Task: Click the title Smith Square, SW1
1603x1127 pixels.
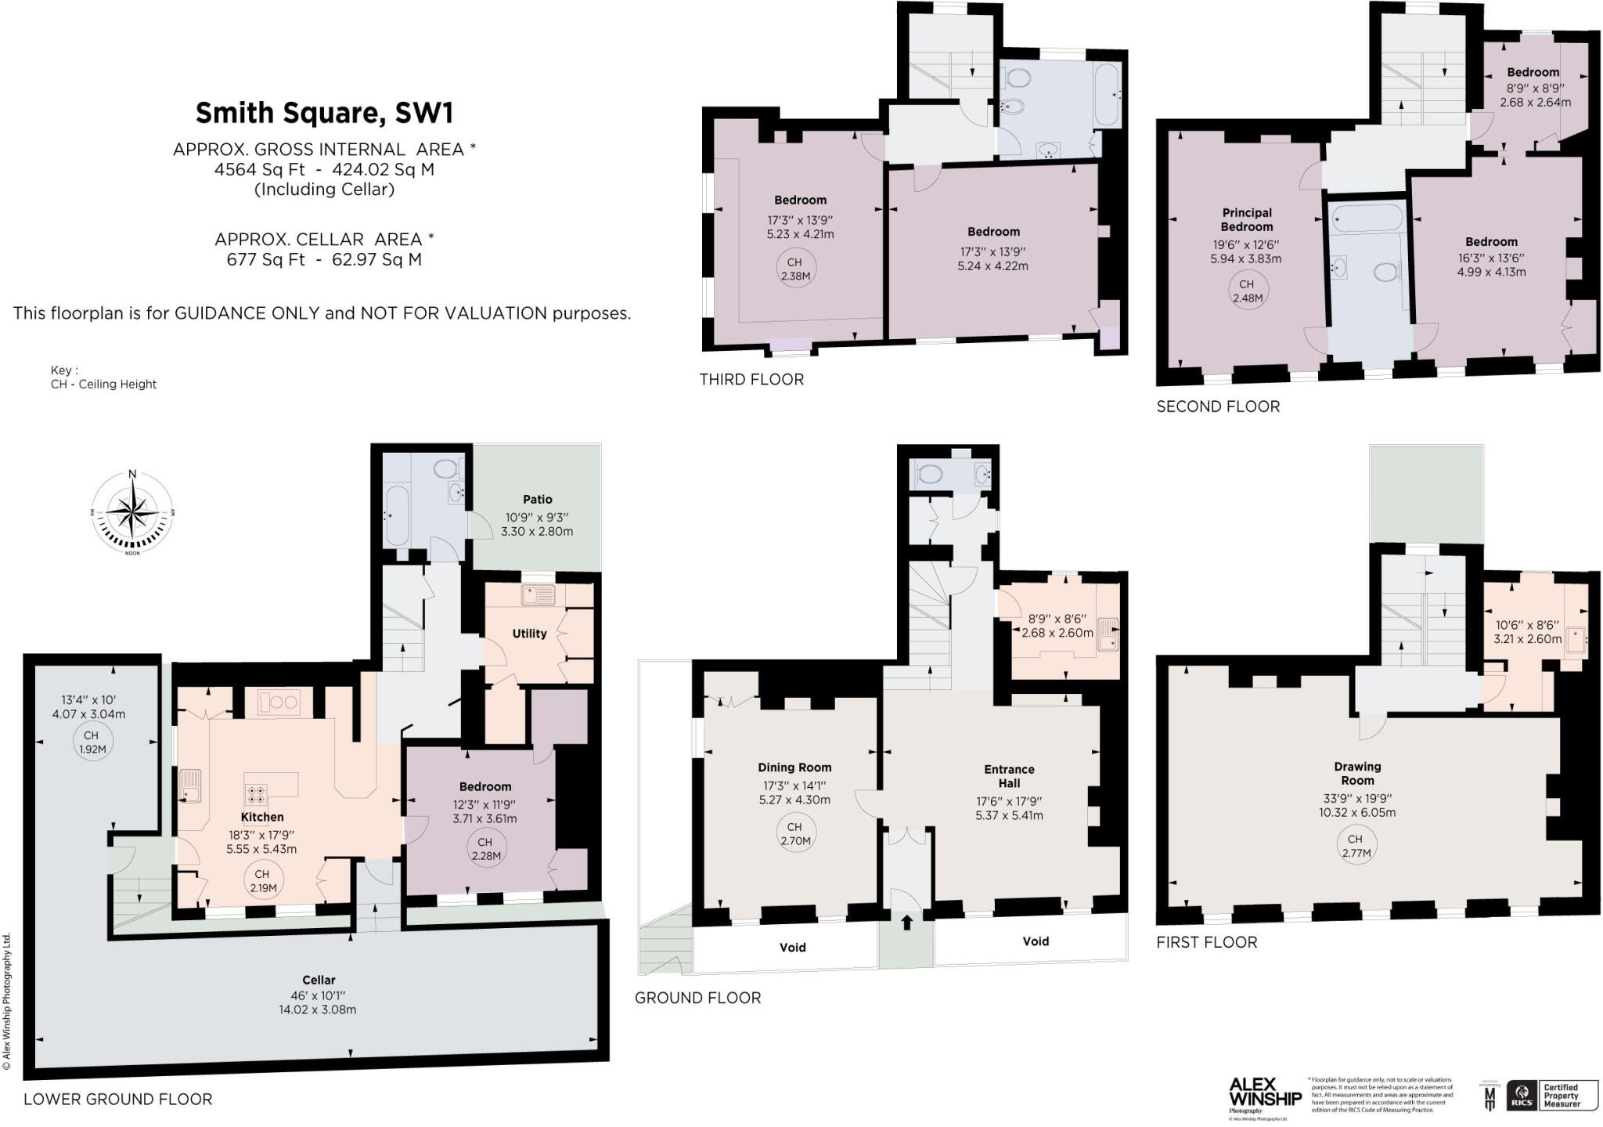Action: coord(324,114)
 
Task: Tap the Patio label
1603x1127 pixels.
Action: coord(537,500)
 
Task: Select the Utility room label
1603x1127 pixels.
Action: coord(529,634)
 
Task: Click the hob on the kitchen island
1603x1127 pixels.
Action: coord(256,794)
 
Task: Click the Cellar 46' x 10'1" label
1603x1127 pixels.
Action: coord(318,980)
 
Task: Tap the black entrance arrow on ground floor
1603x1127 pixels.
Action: coord(906,922)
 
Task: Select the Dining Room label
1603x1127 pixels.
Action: coord(794,768)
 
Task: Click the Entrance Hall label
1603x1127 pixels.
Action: coord(1009,776)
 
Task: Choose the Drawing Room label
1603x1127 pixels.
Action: coord(1357,774)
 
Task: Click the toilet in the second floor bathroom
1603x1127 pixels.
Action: coord(1386,273)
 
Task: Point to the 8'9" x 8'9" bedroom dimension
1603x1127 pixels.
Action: coord(1534,88)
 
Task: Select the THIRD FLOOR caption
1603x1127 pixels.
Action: coord(751,380)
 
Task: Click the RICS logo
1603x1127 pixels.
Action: coord(1519,1096)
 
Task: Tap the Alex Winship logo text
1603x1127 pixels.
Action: coord(1264,1092)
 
